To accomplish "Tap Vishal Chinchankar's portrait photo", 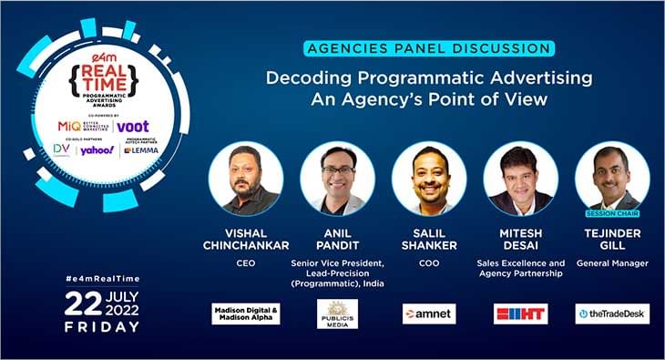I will click(x=246, y=179).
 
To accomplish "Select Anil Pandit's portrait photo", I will click(x=337, y=179).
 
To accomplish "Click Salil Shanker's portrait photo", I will click(x=429, y=179).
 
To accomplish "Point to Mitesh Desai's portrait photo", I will click(x=520, y=179).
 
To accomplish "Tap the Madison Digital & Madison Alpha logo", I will click(x=246, y=314).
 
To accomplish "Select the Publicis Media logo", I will click(x=337, y=314).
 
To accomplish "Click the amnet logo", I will click(x=429, y=314).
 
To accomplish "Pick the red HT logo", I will click(x=520, y=314).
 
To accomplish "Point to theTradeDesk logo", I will click(x=612, y=314).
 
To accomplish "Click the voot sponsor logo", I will click(x=133, y=126).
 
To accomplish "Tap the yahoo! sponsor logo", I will click(x=96, y=149).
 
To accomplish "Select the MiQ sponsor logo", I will click(x=68, y=126).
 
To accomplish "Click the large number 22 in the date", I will click(x=83, y=304).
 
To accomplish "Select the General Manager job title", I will click(x=612, y=262).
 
